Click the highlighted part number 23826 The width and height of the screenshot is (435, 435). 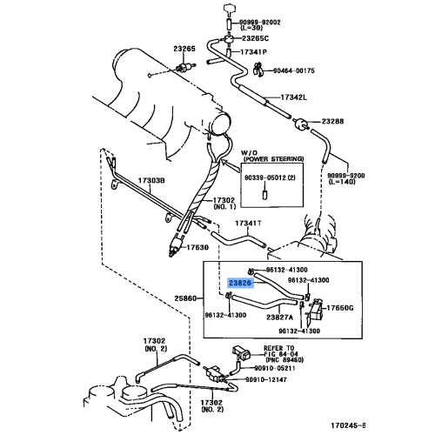click(x=241, y=283)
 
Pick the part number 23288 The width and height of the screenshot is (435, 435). click(x=334, y=121)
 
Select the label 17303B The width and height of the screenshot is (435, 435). click(x=151, y=180)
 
